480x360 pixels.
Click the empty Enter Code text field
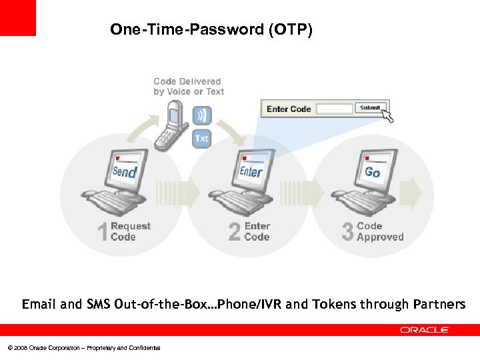pyautogui.click(x=334, y=109)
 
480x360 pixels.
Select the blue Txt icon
pyautogui.click(x=201, y=139)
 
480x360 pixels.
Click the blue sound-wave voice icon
pyautogui.click(x=201, y=115)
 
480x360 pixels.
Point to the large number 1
pyautogui.click(x=103, y=232)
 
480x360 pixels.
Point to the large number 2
pyautogui.click(x=235, y=232)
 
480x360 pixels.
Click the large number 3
pyautogui.click(x=347, y=232)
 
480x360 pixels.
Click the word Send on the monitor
pyautogui.click(x=125, y=172)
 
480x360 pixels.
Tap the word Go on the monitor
pyautogui.click(x=372, y=172)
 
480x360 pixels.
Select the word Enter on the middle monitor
pyautogui.click(x=251, y=172)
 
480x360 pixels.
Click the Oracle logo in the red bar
pyautogui.click(x=425, y=330)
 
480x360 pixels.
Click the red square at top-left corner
pyautogui.click(x=18, y=18)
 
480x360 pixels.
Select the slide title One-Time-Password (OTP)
pyautogui.click(x=211, y=30)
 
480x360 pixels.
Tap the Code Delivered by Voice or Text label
pyautogui.click(x=188, y=87)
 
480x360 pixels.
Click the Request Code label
pyautogui.click(x=131, y=231)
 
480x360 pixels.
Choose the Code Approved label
pyautogui.click(x=380, y=231)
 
